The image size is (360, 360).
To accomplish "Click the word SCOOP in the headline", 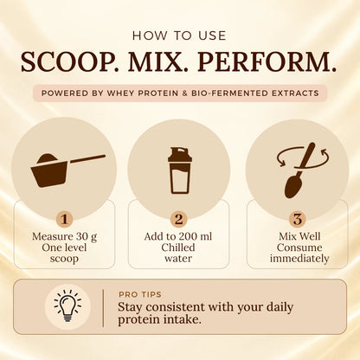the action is click(x=67, y=62).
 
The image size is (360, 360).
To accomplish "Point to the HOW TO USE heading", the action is click(x=179, y=35).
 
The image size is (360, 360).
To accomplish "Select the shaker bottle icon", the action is click(x=180, y=170).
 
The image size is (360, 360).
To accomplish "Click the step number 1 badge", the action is click(x=65, y=219).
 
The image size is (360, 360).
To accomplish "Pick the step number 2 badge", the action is click(x=179, y=219).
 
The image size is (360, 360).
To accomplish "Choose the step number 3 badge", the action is click(x=298, y=219).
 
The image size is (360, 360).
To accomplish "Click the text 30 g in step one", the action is click(x=87, y=237).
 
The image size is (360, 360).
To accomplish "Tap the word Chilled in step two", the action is click(x=178, y=247).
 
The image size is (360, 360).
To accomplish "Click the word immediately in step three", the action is click(x=299, y=259).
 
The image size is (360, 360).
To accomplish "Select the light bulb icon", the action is click(x=67, y=306).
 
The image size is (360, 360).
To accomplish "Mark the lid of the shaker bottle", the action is click(x=180, y=154).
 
